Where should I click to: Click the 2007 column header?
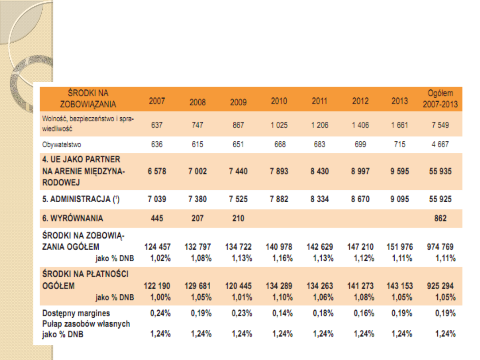pyautogui.click(x=156, y=101)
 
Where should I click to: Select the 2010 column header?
pyautogui.click(x=279, y=101)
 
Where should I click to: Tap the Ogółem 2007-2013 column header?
pyautogui.click(x=440, y=99)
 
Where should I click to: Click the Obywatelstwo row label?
pyautogui.click(x=62, y=144)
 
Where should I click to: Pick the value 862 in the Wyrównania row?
pyautogui.click(x=440, y=218)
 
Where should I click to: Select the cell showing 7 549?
pyautogui.click(x=440, y=125)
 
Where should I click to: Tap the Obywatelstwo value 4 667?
pyautogui.click(x=440, y=144)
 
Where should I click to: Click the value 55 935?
pyautogui.click(x=440, y=172)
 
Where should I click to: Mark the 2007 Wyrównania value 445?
pyautogui.click(x=156, y=218)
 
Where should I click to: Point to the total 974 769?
pyautogui.click(x=440, y=247)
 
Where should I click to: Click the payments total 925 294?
pyautogui.click(x=440, y=286)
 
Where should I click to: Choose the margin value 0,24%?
pyautogui.click(x=160, y=313)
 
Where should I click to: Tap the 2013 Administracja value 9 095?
pyautogui.click(x=400, y=199)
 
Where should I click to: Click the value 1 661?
pyautogui.click(x=400, y=125)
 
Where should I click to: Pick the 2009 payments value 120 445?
pyautogui.click(x=238, y=286)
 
